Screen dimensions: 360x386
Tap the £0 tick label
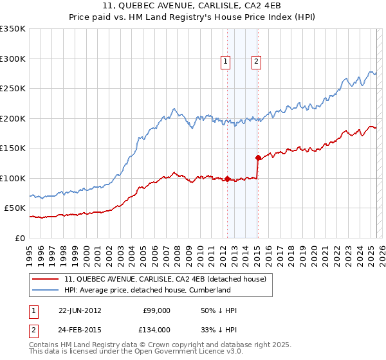21,238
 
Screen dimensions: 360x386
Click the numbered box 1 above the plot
226,62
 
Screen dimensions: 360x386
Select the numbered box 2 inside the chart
257,62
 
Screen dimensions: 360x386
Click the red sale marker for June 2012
227,179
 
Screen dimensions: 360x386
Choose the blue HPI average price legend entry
147,290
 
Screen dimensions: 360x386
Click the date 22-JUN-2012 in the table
80,310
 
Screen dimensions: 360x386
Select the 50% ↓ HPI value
219,310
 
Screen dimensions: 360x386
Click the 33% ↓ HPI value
219,329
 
